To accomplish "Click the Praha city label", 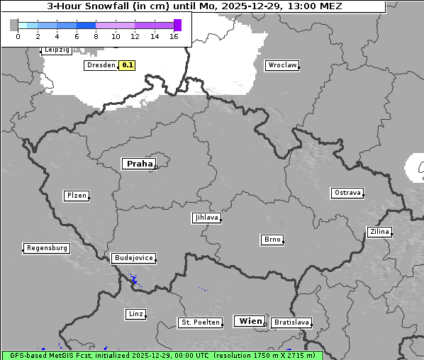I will [x=139, y=164].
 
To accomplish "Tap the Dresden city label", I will [x=101, y=65].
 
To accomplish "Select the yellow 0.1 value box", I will [x=128, y=65].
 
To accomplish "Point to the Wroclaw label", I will [x=281, y=65].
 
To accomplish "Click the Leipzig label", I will [x=56, y=50].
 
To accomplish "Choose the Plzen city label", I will [x=76, y=196].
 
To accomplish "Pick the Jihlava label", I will [x=206, y=218].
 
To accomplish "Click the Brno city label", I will [x=272, y=240].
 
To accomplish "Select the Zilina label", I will [x=379, y=232].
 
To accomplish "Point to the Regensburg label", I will [x=47, y=248].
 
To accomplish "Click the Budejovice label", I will [x=133, y=258].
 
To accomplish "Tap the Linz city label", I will [x=135, y=313].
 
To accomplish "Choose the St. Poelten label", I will [x=200, y=322].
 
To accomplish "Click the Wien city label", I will [x=250, y=321].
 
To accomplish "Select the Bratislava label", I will [x=291, y=322].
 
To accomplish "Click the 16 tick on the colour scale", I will [x=174, y=36].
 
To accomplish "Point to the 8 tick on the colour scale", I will [x=96, y=36].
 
